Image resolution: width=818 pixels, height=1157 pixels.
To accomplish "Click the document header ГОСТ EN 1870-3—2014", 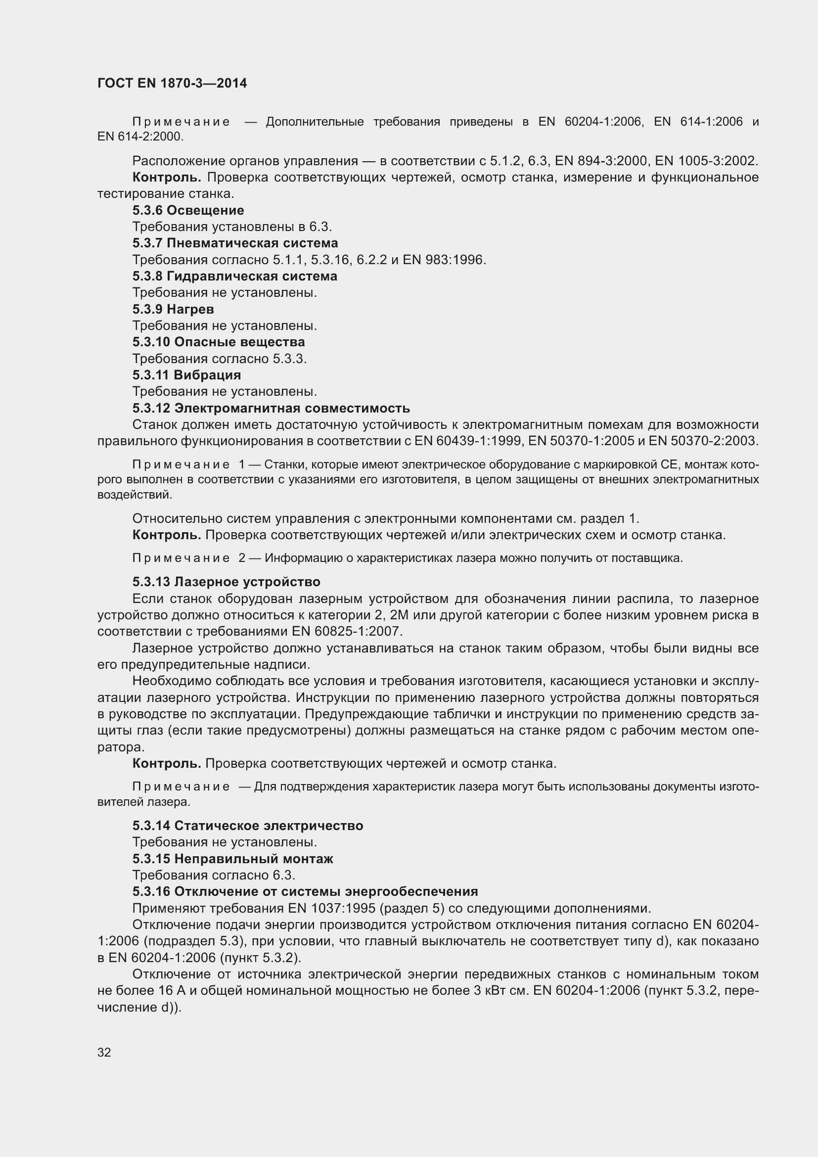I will (x=172, y=83).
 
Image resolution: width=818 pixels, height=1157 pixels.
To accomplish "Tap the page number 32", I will (x=104, y=1052).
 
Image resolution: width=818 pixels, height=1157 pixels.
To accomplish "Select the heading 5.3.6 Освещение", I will (x=188, y=210).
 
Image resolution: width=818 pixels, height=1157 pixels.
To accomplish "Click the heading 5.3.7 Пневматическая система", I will (x=235, y=243).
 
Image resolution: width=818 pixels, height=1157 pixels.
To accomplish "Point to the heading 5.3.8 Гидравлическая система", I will (x=235, y=276).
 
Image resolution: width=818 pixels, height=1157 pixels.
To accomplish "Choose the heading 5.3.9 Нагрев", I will (x=173, y=309).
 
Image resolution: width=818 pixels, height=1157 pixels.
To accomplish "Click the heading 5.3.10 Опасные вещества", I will (x=219, y=342).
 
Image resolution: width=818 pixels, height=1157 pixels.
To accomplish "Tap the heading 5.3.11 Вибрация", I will (x=187, y=375).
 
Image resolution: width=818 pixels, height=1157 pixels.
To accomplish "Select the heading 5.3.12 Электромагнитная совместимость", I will (x=271, y=408).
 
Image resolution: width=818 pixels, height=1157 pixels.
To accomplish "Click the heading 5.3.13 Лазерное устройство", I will (x=226, y=582).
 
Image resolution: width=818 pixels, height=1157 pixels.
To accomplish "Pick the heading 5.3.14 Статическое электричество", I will (x=248, y=826).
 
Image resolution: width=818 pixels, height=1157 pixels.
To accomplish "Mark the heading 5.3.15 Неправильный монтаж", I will (x=233, y=858).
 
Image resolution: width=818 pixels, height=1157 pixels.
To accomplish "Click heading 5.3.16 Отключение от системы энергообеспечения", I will (x=305, y=891).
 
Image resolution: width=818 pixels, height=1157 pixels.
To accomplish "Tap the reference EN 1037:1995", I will (x=331, y=908).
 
